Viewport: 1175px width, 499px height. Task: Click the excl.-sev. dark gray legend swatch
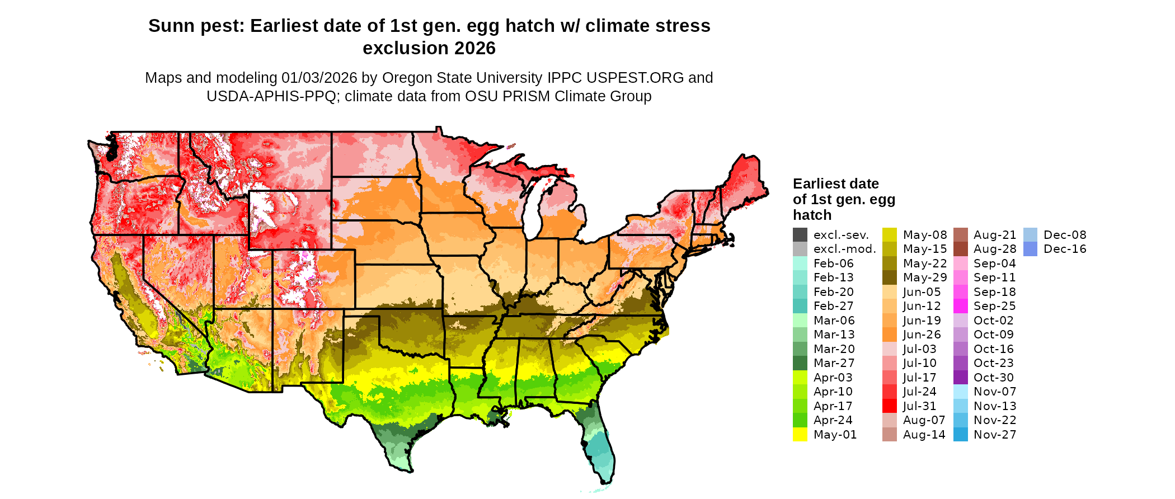800,235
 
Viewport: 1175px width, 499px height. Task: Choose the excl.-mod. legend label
844,249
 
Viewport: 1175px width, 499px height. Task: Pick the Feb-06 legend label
833,263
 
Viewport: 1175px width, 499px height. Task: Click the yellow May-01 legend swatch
800,435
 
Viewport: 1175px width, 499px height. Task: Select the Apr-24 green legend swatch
800,420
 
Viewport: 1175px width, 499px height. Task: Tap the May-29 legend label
924,277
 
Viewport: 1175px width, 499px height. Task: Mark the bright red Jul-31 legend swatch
890,406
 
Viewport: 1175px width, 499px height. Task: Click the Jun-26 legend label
922,335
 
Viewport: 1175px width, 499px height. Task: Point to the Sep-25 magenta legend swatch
961,306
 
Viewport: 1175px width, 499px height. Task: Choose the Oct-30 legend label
993,378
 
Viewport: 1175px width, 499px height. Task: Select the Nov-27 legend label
994,435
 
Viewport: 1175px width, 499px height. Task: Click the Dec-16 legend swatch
1030,249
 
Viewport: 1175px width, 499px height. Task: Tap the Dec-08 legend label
1065,235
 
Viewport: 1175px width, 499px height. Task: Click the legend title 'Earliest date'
835,184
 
